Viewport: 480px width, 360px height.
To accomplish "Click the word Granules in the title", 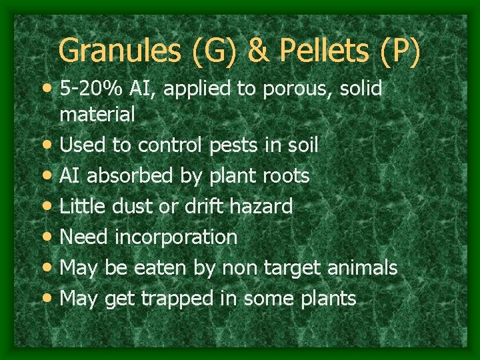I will click(x=117, y=51).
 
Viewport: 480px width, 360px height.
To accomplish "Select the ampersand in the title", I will click(x=256, y=51).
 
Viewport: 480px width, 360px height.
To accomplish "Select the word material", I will click(x=97, y=115).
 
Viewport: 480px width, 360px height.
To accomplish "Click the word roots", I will click(x=282, y=176).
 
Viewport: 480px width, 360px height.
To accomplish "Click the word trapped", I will click(x=177, y=299).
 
